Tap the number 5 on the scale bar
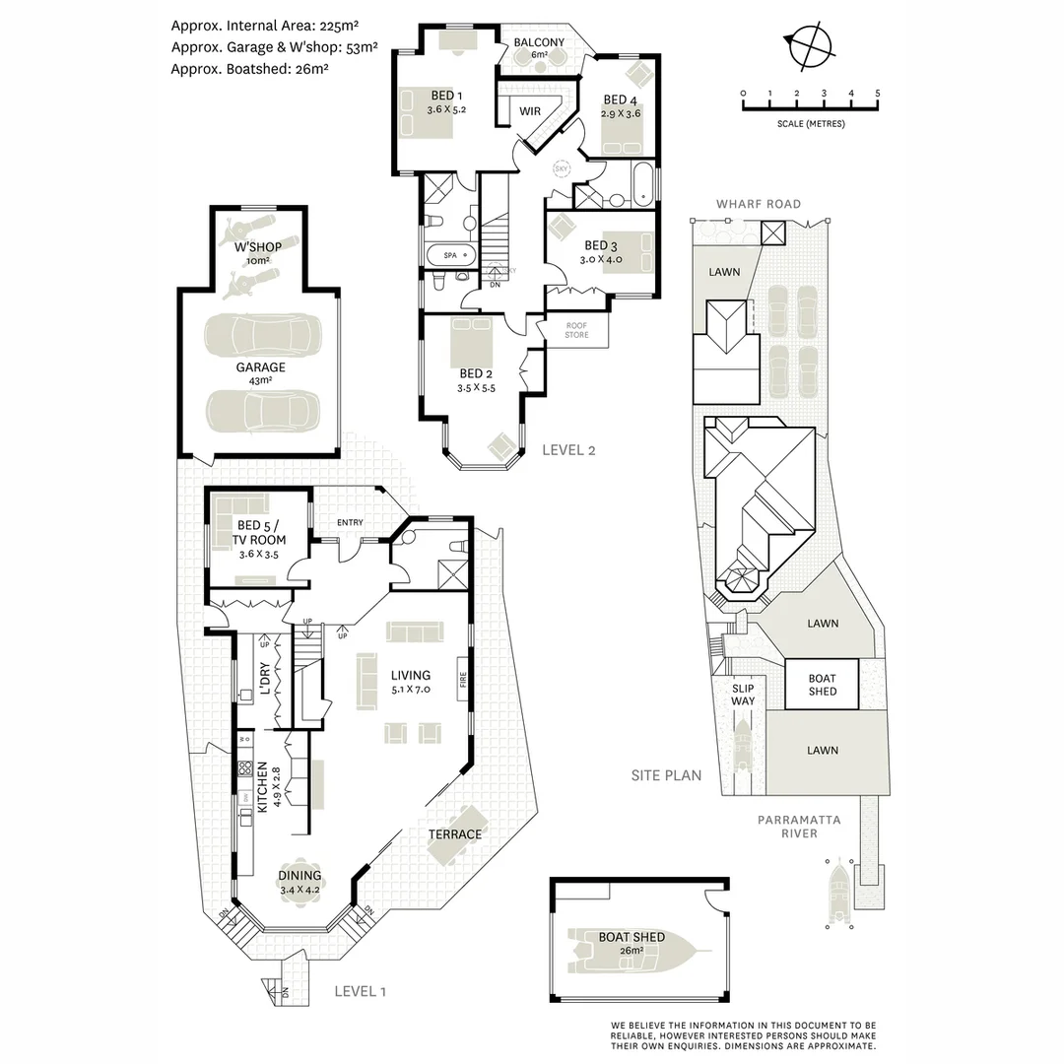click(x=877, y=94)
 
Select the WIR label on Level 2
click(x=530, y=111)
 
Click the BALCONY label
click(x=540, y=42)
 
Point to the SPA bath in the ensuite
click(x=451, y=255)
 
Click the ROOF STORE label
click(x=576, y=330)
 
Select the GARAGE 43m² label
click(x=260, y=373)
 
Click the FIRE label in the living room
click(x=461, y=679)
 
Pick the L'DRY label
click(x=264, y=680)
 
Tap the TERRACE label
click(x=454, y=834)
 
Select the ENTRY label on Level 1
click(x=350, y=522)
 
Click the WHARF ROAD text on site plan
click(x=758, y=204)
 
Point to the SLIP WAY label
click(x=743, y=695)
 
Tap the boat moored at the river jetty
click(x=839, y=893)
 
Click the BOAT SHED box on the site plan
click(x=822, y=685)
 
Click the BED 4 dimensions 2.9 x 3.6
click(x=621, y=113)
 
